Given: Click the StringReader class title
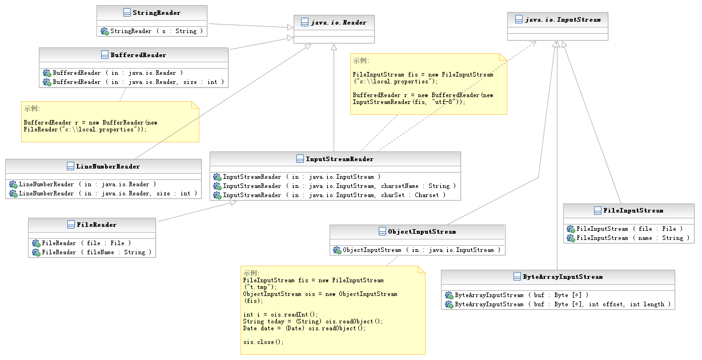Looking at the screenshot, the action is tap(157, 13).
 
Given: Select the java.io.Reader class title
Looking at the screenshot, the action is tap(339, 23).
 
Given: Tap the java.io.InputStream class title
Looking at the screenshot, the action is tap(563, 20).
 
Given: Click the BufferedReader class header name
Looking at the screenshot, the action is tap(138, 55).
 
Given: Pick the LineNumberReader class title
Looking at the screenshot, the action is tap(108, 166).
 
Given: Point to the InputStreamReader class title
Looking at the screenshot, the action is tap(340, 159).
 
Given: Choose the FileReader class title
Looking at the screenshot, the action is tap(97, 225).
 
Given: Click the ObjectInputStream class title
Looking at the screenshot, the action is tap(422, 232).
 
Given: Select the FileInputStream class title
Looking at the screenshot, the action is tap(633, 211).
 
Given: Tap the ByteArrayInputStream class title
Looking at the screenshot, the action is tap(563, 277).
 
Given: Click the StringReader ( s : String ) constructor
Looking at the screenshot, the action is tap(157, 31).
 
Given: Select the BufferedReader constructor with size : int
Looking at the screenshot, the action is tap(138, 82).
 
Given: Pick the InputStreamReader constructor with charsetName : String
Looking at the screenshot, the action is tap(339, 186).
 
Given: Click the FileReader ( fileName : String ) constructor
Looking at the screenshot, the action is tap(97, 253).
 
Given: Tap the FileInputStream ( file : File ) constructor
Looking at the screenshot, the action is tap(629, 229).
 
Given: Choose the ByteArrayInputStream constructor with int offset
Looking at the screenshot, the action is tap(563, 305).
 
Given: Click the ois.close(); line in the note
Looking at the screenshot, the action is tap(263, 342).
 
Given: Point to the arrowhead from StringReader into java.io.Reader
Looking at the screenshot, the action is tap(291, 27).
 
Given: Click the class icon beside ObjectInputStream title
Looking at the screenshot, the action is tap(382, 231).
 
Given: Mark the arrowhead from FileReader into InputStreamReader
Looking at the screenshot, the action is tap(233, 203).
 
